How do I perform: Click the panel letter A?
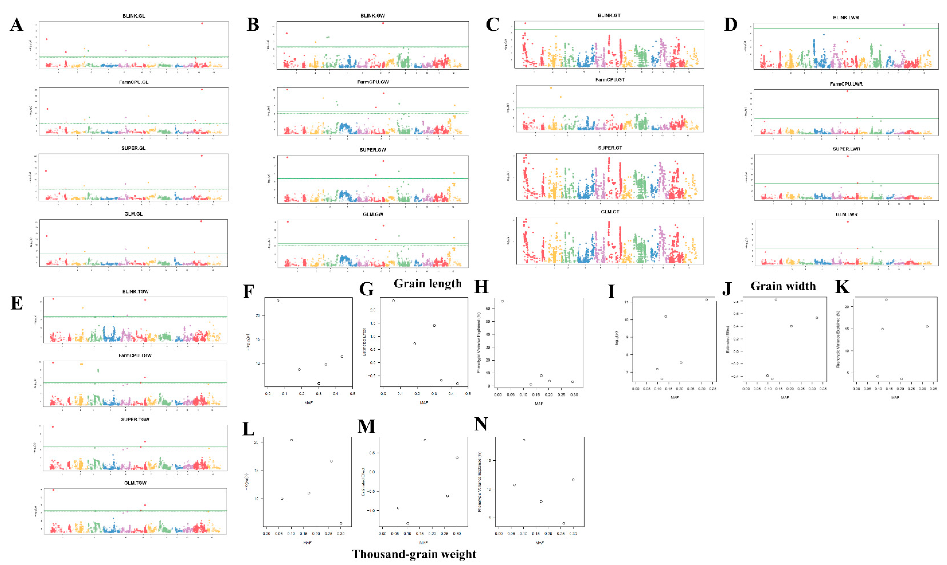(x=16, y=25)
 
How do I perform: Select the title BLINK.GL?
(x=134, y=16)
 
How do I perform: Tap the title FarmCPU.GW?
(x=373, y=82)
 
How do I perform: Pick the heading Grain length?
(x=428, y=284)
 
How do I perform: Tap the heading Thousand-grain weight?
(x=414, y=554)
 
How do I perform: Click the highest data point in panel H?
(x=502, y=301)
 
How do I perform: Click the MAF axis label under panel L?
(x=307, y=543)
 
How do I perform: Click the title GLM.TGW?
(x=135, y=483)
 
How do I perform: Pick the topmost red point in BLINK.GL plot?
(x=202, y=23)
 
